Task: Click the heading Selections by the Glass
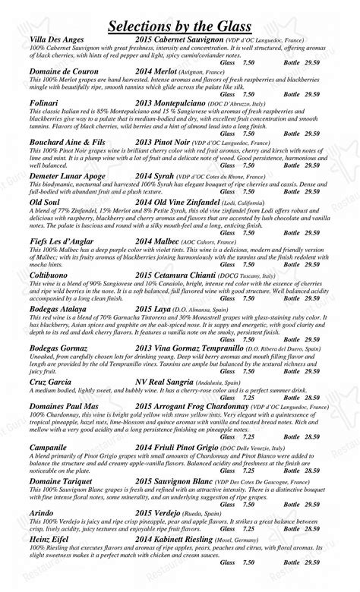coord(180,27)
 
